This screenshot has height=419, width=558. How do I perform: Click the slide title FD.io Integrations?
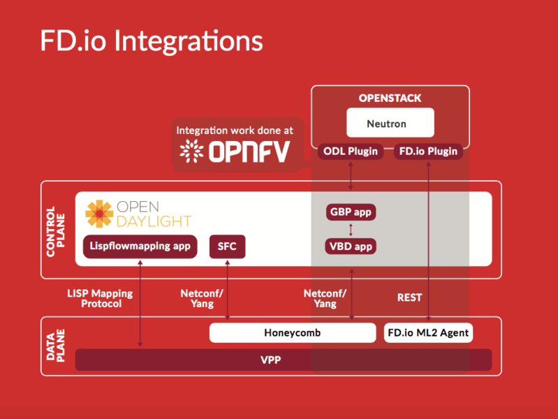coord(152,41)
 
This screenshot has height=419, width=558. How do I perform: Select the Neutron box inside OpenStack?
coord(390,124)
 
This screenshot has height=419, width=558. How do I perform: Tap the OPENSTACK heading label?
coord(390,98)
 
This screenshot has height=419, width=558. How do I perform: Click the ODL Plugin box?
coord(351,151)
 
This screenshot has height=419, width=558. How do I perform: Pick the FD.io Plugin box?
coord(428,151)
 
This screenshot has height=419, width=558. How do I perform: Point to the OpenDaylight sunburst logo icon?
coord(99,214)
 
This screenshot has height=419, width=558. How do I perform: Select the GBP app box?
coord(351,212)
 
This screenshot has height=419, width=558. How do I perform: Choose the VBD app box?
coord(351,246)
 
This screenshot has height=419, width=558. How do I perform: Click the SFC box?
coord(227,247)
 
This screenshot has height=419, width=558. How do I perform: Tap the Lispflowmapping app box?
coord(140,247)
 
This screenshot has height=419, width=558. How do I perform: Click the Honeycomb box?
coord(292,333)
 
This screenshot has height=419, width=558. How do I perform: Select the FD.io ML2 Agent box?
coord(428,333)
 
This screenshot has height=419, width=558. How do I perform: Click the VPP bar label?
coord(283,360)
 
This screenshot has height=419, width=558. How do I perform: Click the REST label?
coord(409,297)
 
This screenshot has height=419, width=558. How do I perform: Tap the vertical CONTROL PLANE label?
coord(54,230)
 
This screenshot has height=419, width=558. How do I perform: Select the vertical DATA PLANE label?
coord(54,346)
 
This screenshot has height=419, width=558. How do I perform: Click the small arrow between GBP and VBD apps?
coord(351,229)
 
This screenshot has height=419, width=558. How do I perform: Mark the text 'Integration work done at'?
coord(235,131)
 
